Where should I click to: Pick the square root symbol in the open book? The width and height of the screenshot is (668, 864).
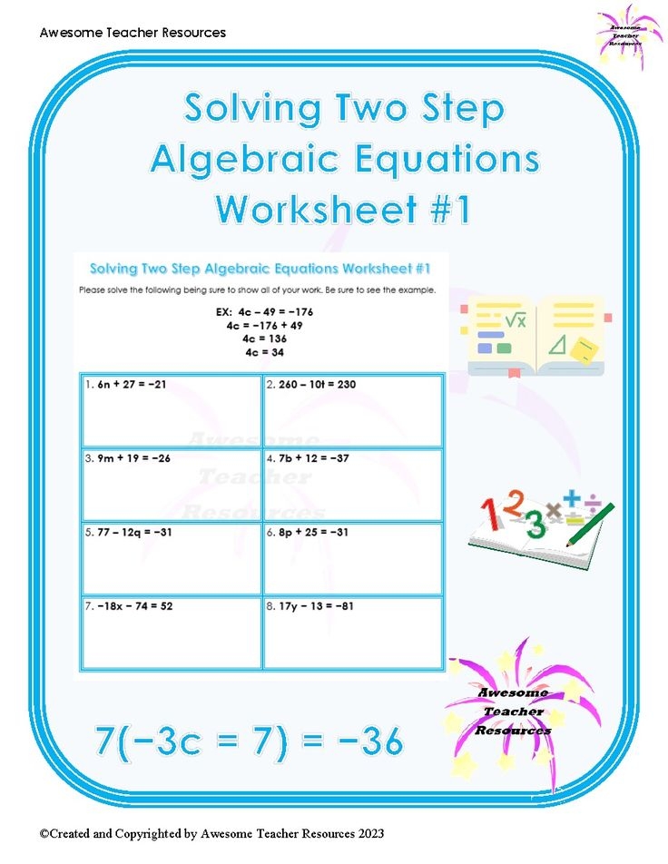tap(516, 319)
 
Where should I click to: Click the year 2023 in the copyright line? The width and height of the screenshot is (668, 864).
tap(368, 832)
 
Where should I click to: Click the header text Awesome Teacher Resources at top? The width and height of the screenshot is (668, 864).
tap(133, 33)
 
